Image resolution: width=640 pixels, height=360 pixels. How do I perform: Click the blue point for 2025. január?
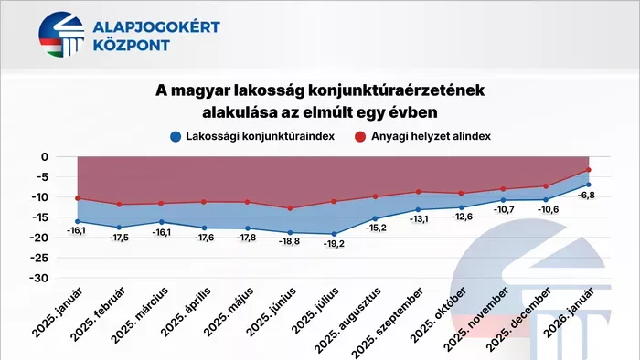point(78,221)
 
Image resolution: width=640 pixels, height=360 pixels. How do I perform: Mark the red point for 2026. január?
point(589,169)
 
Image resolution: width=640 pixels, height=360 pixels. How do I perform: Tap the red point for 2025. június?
point(290,208)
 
